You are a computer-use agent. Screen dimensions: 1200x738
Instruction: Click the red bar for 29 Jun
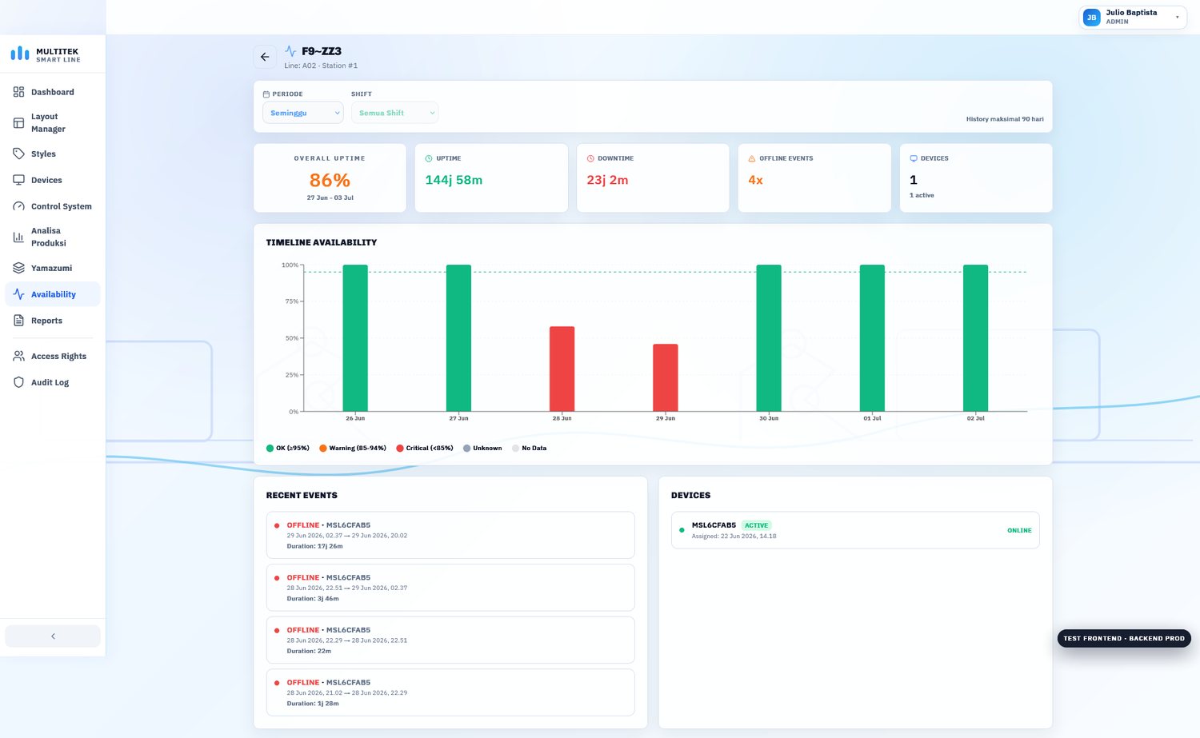[665, 377]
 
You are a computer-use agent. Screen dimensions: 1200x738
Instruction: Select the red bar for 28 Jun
[562, 369]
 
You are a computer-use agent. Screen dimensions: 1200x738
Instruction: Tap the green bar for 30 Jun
[768, 338]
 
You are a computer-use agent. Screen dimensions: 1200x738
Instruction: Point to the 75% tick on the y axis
[292, 301]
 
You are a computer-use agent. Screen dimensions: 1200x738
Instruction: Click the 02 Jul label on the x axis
[975, 418]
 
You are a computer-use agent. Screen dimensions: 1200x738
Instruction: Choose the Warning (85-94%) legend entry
[353, 449]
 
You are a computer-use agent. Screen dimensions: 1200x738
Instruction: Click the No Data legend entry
[530, 449]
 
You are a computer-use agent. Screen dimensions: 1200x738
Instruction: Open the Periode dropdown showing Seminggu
[302, 113]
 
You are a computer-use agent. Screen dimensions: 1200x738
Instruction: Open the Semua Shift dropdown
[394, 113]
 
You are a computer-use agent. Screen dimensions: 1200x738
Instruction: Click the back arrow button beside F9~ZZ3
[265, 57]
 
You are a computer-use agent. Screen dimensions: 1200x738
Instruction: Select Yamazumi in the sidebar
[51, 268]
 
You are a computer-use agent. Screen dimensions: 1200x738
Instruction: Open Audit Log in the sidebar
[50, 382]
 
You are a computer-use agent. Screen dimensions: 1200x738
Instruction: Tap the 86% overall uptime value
[330, 180]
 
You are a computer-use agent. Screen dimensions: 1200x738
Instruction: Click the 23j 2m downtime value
[607, 180]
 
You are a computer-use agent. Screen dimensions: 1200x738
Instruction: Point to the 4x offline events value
[755, 180]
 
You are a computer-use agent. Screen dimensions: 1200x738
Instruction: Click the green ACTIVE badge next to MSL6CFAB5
[756, 525]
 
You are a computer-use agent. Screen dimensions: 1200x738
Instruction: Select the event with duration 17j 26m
[450, 535]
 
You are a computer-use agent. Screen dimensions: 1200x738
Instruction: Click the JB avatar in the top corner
[1091, 17]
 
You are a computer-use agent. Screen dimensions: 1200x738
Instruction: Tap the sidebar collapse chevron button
[53, 636]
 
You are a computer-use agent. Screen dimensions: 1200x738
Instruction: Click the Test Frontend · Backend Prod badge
[1124, 638]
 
